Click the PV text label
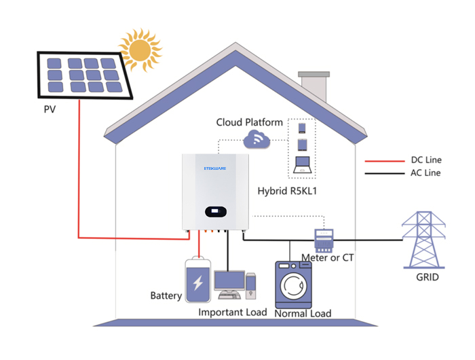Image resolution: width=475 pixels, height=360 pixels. click(50, 109)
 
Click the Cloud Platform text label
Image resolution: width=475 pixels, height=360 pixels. click(249, 122)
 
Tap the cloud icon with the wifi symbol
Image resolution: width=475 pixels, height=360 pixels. click(256, 141)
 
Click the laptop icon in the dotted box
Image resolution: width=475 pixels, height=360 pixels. click(303, 164)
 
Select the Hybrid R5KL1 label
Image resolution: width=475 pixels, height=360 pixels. click(288, 192)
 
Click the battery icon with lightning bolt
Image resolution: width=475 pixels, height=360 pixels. click(199, 282)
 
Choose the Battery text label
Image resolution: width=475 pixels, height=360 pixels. click(166, 296)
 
